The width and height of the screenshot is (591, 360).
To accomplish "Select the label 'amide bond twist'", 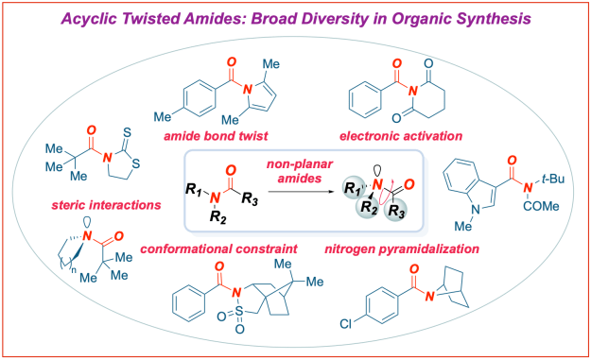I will click(x=214, y=137).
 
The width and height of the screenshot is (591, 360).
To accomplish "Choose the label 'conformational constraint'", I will click(x=216, y=249).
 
